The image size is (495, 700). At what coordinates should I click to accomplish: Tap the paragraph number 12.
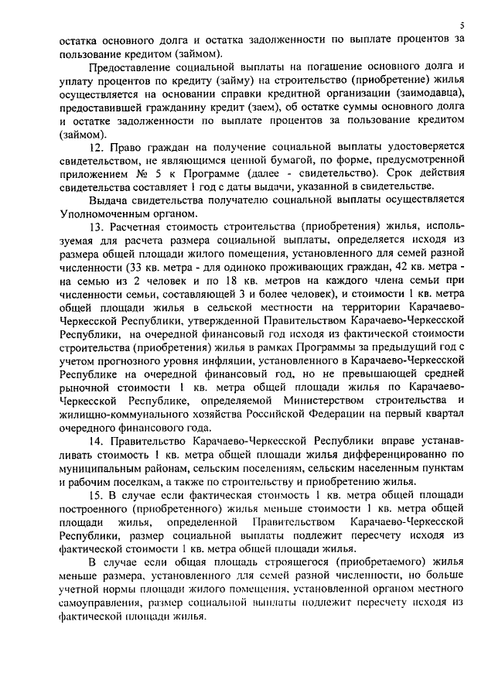click(95, 146)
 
